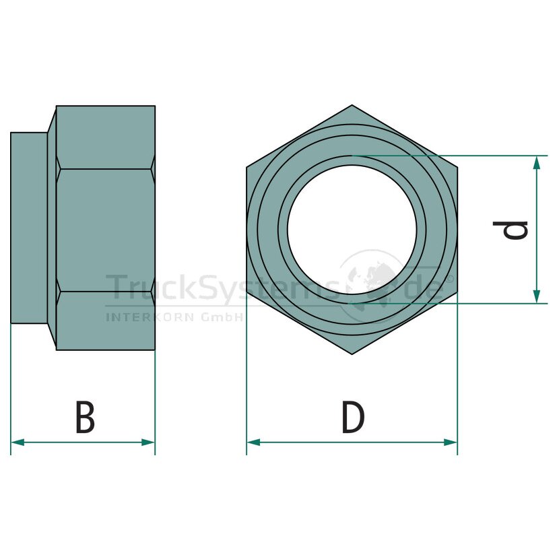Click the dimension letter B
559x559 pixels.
86,417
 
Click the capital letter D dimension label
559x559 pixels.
354,417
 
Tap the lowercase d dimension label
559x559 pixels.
510,230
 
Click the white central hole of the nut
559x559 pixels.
352,230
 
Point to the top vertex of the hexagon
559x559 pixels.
352,105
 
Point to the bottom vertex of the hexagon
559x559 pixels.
352,354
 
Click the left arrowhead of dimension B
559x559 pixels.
17,442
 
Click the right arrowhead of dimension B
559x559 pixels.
148,442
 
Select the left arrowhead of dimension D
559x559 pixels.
253,442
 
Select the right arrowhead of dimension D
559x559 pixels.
451,442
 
